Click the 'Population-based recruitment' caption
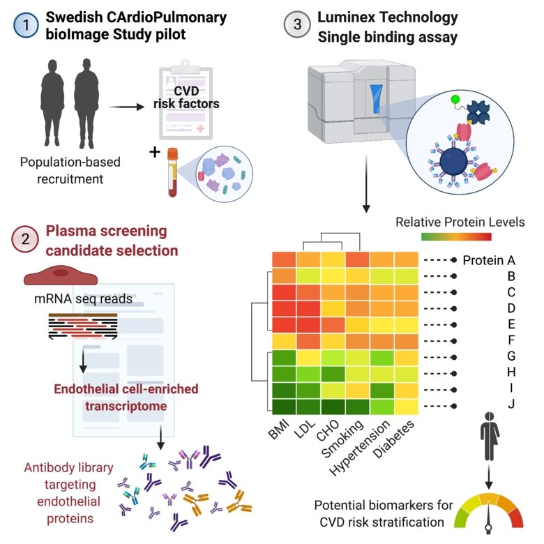(x=69, y=170)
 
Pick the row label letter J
(x=511, y=405)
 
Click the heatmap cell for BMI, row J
(x=283, y=405)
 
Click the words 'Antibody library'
(x=61, y=469)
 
